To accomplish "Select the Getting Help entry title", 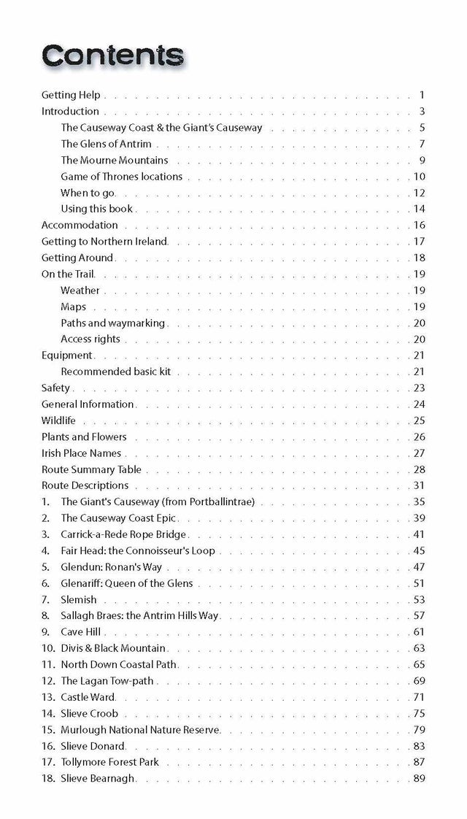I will pyautogui.click(x=71, y=95).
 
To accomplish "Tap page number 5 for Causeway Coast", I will pyautogui.click(x=422, y=128).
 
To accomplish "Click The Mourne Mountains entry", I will pyautogui.click(x=115, y=160).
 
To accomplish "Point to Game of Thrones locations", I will pyautogui.click(x=122, y=177).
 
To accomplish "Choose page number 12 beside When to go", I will pyautogui.click(x=419, y=193).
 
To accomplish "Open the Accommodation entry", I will pyautogui.click(x=80, y=225).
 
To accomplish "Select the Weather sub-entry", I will pyautogui.click(x=80, y=291).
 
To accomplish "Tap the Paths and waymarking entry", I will pyautogui.click(x=113, y=323).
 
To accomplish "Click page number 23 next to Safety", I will pyautogui.click(x=419, y=388).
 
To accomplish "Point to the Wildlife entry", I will pyautogui.click(x=58, y=420).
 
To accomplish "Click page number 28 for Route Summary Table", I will pyautogui.click(x=419, y=469).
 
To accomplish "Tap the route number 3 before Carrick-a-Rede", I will pyautogui.click(x=45, y=534).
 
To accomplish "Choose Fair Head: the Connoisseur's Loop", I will pyautogui.click(x=138, y=550).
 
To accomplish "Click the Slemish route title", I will pyautogui.click(x=79, y=599).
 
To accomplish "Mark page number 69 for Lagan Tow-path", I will pyautogui.click(x=419, y=681).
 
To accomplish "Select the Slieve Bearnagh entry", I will pyautogui.click(x=98, y=779).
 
